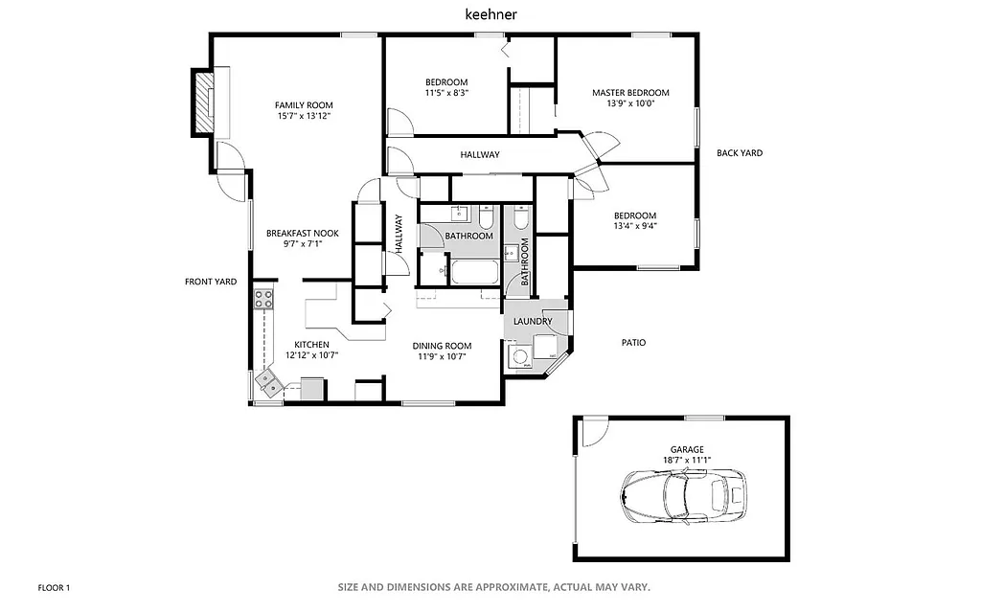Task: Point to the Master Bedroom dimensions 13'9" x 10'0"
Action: [x=630, y=103]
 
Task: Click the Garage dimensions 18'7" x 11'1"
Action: [x=687, y=460]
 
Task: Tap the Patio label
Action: [x=633, y=342]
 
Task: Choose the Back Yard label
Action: [x=740, y=152]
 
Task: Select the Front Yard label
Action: [x=211, y=282]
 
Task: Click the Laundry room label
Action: [x=532, y=322]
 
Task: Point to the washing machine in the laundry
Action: [x=521, y=357]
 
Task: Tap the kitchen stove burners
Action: [x=263, y=297]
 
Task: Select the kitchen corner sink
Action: [x=269, y=384]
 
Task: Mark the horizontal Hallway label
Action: [x=479, y=154]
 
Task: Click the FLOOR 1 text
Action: [x=54, y=587]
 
